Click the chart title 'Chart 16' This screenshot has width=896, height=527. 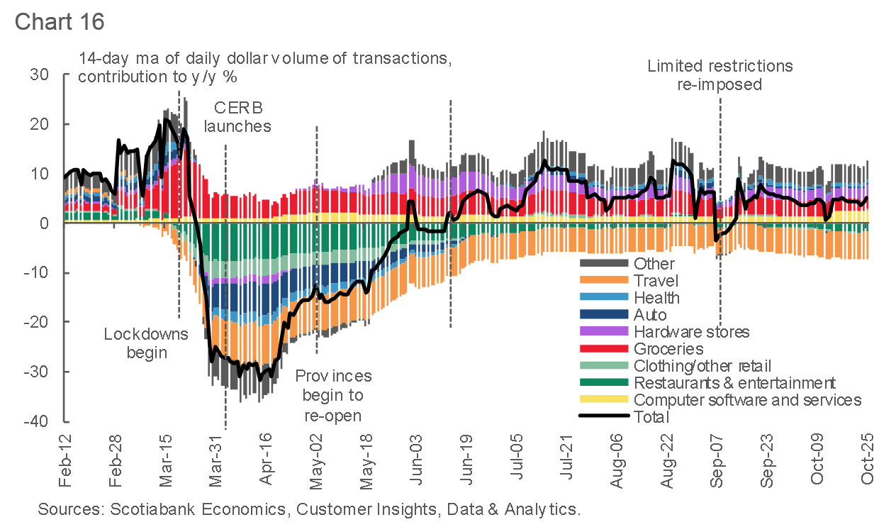[x=60, y=21]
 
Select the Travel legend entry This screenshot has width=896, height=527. [x=656, y=281]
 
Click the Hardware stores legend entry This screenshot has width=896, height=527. [x=691, y=332]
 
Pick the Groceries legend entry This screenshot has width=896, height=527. [x=668, y=349]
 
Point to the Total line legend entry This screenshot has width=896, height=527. [x=651, y=417]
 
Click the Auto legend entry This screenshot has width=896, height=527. [x=650, y=315]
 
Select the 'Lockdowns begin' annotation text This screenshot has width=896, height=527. [x=146, y=343]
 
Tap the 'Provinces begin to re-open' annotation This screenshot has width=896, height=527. [x=332, y=395]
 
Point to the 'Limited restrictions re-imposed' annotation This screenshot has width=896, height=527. [x=719, y=75]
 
